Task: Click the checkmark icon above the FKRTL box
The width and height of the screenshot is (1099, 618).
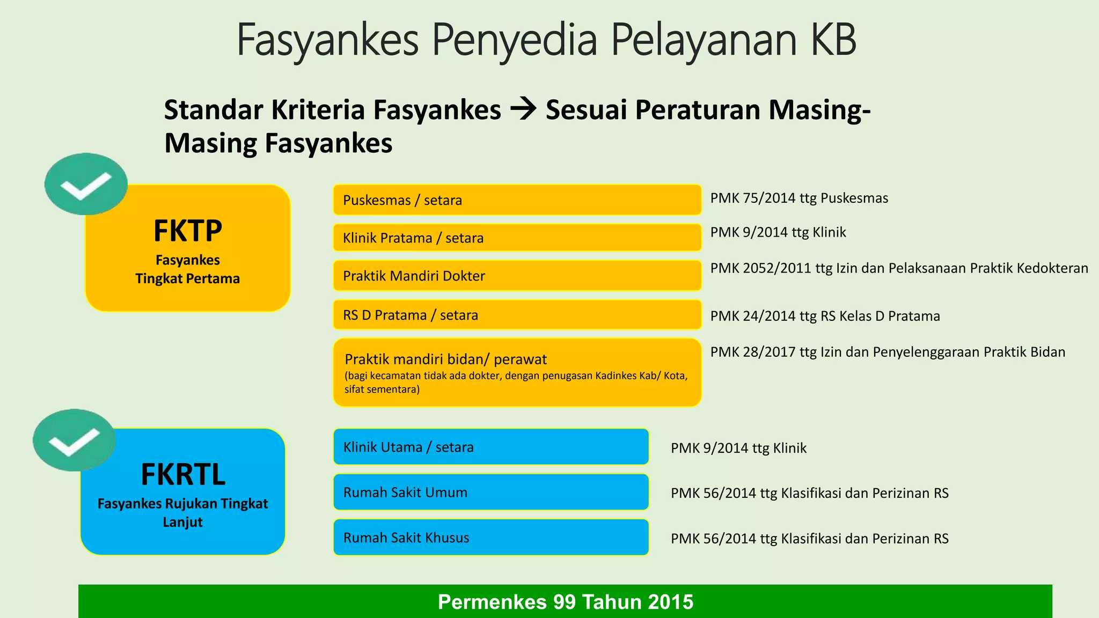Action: pyautogui.click(x=74, y=440)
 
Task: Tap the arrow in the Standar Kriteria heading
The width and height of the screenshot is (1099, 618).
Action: pyautogui.click(x=523, y=109)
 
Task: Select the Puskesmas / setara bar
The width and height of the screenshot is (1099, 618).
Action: pyautogui.click(x=517, y=200)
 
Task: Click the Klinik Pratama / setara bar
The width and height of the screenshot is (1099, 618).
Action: pyautogui.click(x=517, y=238)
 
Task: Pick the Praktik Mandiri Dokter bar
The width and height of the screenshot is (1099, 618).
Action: pyautogui.click(x=517, y=276)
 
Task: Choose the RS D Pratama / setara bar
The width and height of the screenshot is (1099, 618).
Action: pyautogui.click(x=517, y=315)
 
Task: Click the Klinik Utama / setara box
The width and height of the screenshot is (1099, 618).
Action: pyautogui.click(x=490, y=447)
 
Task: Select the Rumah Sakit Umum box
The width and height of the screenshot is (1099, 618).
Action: pyautogui.click(x=490, y=492)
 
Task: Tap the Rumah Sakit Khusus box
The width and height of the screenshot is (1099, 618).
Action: pyautogui.click(x=490, y=538)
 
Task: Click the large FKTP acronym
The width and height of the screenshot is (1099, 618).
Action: pyautogui.click(x=188, y=231)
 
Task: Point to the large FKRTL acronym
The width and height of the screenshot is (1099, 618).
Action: pyautogui.click(x=183, y=474)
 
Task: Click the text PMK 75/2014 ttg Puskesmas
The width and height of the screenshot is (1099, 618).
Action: pyautogui.click(x=799, y=198)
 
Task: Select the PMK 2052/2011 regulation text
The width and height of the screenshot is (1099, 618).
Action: pyautogui.click(x=899, y=268)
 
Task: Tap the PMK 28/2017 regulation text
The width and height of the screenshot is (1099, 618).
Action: pyautogui.click(x=888, y=352)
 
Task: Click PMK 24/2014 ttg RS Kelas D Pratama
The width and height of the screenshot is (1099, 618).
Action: pyautogui.click(x=825, y=316)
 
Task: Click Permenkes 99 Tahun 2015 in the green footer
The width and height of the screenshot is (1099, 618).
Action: pyautogui.click(x=565, y=602)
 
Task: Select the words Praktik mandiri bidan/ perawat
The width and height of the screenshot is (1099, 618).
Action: pyautogui.click(x=445, y=359)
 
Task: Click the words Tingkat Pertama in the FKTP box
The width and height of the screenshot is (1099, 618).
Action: pyautogui.click(x=188, y=278)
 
